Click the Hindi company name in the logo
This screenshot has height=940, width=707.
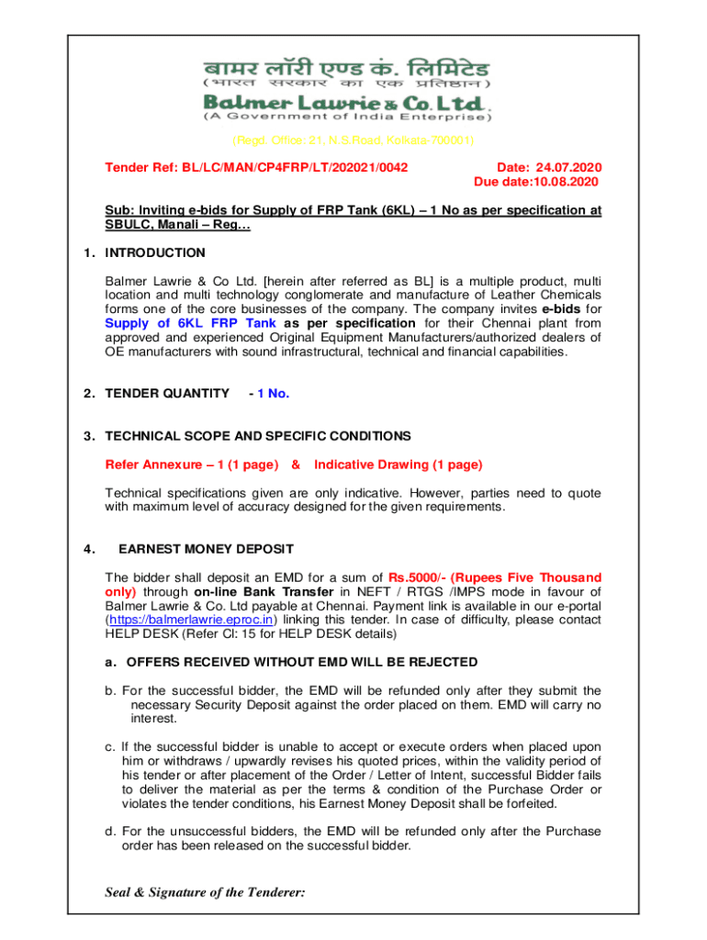coord(347,69)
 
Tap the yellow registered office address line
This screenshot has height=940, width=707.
coord(353,140)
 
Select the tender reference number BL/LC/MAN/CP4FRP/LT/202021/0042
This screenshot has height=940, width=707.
coord(256,168)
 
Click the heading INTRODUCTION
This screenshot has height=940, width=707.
coord(155,252)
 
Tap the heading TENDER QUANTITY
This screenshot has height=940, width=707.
coord(167,394)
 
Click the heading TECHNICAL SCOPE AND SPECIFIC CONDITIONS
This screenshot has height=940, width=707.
coord(258,436)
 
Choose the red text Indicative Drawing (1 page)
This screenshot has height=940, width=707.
coord(398,464)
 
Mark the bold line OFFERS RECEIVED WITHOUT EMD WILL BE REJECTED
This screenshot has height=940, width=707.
coord(301,662)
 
